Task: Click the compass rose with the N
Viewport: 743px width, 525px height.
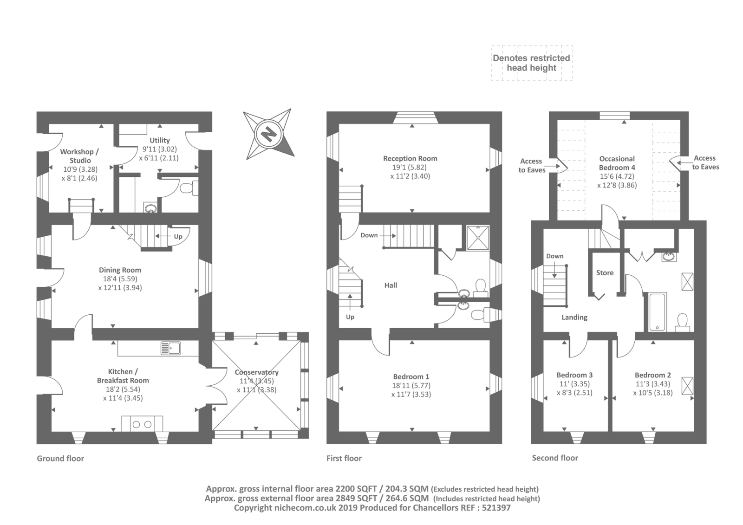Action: click(269, 134)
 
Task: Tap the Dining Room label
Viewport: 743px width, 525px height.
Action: click(120, 270)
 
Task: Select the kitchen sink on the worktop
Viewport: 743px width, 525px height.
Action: click(170, 348)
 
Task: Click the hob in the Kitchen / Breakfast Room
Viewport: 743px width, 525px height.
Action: click(142, 424)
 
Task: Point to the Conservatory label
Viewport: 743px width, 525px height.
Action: click(257, 372)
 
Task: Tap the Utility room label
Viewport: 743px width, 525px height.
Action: click(160, 140)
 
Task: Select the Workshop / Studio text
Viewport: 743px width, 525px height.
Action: click(79, 156)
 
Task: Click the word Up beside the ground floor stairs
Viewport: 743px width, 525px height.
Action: click(178, 237)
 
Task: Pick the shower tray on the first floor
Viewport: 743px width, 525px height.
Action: click(478, 238)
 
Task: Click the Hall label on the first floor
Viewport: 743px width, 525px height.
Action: click(391, 285)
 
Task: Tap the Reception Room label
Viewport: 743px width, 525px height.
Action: click(411, 159)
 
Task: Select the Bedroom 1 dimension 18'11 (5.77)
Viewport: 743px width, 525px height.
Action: click(411, 385)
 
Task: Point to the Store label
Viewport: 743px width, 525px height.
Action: click(605, 273)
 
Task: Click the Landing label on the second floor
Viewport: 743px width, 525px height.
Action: click(574, 318)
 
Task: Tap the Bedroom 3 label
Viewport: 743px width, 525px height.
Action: click(574, 375)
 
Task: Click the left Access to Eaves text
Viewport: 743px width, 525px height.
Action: click(532, 166)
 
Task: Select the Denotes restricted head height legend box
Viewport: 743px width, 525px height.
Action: click(532, 63)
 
